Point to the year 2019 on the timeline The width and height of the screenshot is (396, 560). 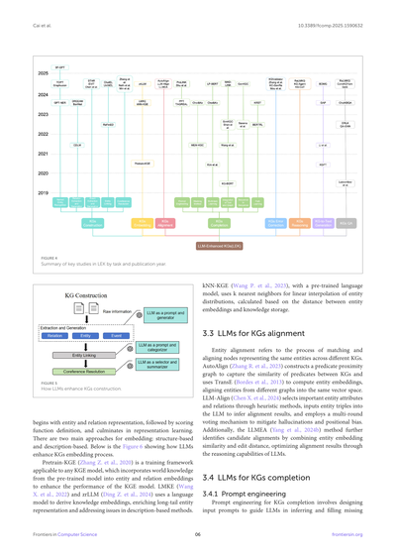(43, 192)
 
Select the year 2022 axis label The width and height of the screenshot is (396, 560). (43, 133)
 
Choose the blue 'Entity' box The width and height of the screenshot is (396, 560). (86, 336)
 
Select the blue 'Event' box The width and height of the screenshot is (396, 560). (117, 336)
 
